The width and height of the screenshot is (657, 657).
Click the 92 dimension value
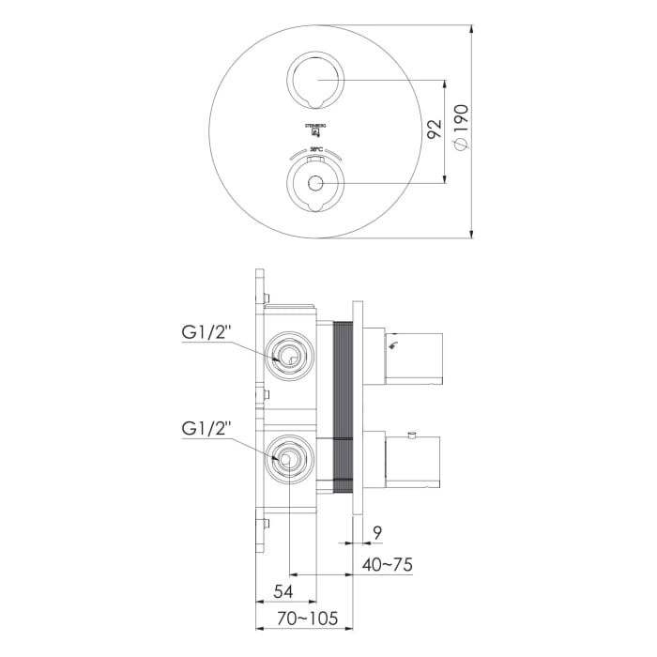point(433,130)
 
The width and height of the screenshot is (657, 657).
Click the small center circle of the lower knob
point(315,183)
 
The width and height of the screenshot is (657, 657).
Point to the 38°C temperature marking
point(315,151)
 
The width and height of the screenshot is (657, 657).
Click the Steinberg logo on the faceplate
point(315,130)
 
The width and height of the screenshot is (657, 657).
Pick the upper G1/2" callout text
point(205,331)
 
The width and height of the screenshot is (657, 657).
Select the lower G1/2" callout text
point(205,427)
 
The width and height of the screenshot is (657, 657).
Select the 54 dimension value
point(284,591)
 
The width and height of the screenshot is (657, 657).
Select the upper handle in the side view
point(413,357)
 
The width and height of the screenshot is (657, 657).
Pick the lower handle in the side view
point(413,462)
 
